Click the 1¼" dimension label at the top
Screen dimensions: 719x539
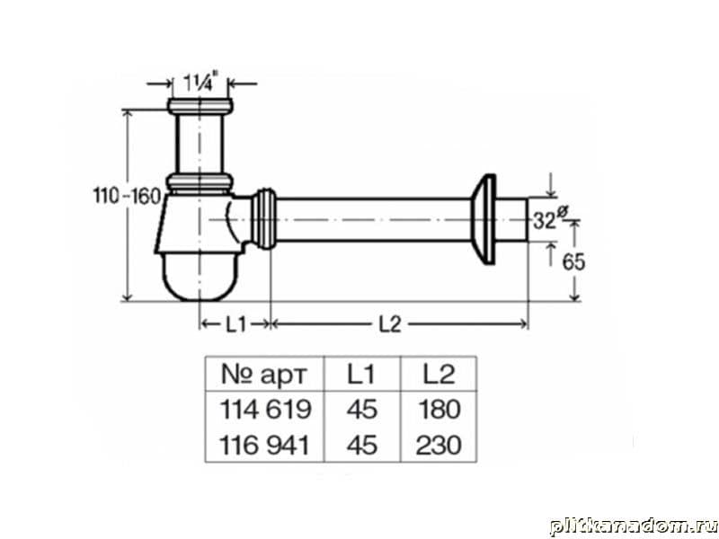pos(199,83)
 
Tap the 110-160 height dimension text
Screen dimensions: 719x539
pos(128,196)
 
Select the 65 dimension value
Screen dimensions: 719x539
pos(573,261)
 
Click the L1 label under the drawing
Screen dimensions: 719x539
pos(235,324)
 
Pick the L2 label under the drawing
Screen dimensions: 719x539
pos(390,324)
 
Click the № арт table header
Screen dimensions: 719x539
pos(263,374)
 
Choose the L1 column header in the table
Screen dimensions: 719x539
pos(361,374)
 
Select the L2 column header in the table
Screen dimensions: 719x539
pos(439,374)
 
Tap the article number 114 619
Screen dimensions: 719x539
pos(265,409)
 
